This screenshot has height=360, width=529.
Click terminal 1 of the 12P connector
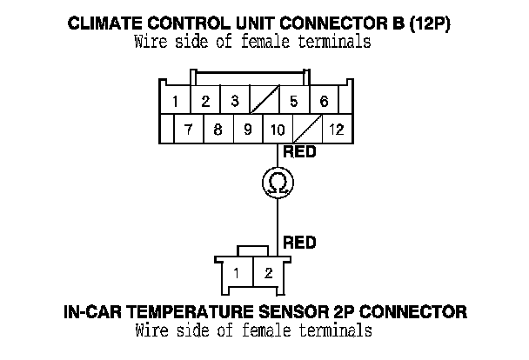coord(176,102)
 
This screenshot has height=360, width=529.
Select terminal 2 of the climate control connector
coord(205,102)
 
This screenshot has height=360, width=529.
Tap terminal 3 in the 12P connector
coord(235,102)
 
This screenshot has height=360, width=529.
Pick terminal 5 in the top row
coord(293,102)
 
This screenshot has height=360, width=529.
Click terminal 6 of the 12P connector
coord(324,102)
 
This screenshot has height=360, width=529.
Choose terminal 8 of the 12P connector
coord(218,130)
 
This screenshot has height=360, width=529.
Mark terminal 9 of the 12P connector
coord(247,130)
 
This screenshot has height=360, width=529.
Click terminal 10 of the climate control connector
coord(278,130)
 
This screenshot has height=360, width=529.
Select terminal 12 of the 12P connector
coord(335,130)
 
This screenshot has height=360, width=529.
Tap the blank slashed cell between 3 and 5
coord(264,102)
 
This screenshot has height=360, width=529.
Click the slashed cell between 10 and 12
coord(306,130)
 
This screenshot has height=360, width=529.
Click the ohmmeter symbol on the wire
coord(278,182)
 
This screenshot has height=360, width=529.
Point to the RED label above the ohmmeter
coord(298,153)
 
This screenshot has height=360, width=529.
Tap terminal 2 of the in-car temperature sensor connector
coord(268,274)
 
